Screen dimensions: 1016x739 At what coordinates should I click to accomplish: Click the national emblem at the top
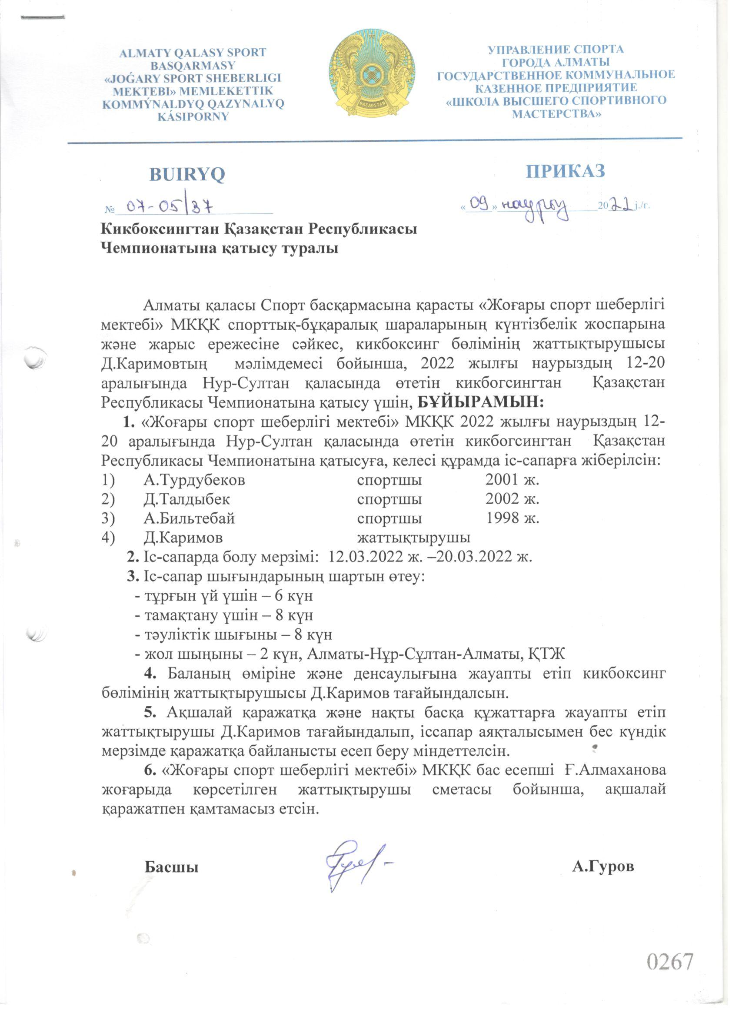[372, 72]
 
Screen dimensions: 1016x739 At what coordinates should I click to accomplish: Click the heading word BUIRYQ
[187, 175]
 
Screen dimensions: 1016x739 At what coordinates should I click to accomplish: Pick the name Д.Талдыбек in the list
[187, 498]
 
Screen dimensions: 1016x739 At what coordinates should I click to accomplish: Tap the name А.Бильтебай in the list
[189, 518]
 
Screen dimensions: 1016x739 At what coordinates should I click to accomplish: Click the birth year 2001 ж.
[512, 480]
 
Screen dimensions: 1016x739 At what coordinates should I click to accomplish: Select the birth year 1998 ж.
[512, 518]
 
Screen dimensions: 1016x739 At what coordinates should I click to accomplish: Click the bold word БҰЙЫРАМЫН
[480, 402]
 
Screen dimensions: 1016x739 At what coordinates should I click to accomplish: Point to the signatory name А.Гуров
[603, 867]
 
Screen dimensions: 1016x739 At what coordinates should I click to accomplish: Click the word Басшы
[171, 867]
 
